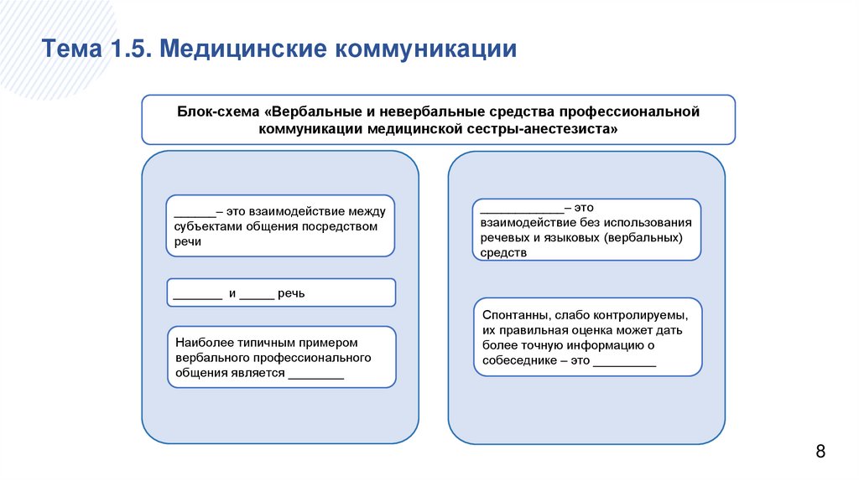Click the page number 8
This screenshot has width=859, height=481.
820,453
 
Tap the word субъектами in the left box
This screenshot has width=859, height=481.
205,226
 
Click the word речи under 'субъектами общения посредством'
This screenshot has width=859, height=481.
189,241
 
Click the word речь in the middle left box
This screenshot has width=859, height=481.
294,294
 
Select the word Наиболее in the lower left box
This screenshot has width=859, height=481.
201,343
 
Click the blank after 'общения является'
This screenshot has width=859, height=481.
315,375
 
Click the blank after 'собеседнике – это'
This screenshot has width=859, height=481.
625,362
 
